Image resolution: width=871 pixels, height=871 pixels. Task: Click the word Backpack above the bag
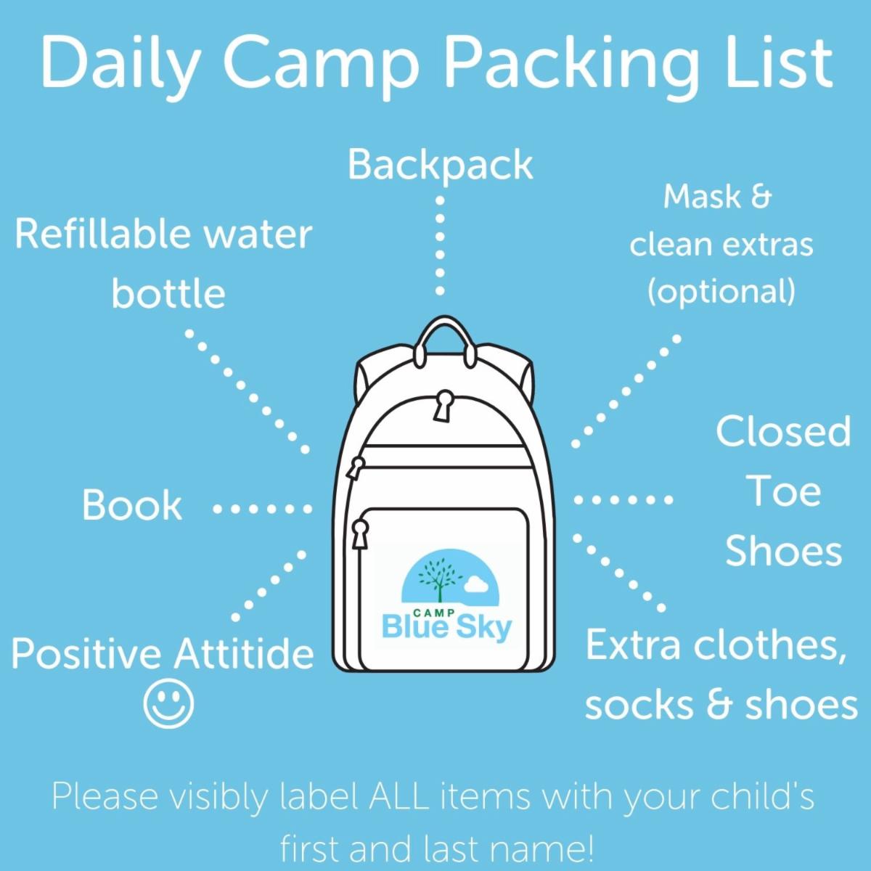click(440, 165)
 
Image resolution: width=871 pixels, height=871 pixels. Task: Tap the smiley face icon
click(168, 703)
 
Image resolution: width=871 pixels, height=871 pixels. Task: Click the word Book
click(131, 505)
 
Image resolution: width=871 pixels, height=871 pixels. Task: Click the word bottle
click(168, 293)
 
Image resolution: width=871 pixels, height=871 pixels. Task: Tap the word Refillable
click(102, 234)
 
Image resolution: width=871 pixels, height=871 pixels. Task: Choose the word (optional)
click(721, 291)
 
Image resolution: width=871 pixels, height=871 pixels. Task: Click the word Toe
click(783, 491)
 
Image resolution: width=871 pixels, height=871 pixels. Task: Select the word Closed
click(783, 431)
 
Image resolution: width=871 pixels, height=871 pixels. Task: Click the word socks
click(638, 705)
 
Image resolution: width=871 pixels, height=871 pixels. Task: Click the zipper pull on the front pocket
click(359, 533)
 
